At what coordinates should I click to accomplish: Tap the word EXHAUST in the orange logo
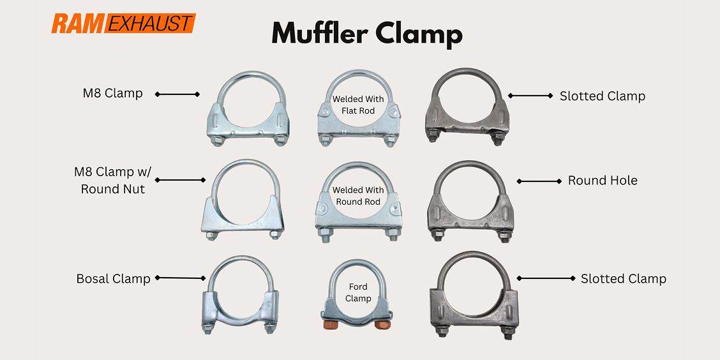click(x=149, y=24)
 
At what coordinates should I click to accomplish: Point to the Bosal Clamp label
click(x=113, y=279)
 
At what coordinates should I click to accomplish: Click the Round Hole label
click(x=603, y=181)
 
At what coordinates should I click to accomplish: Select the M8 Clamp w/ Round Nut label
click(x=109, y=180)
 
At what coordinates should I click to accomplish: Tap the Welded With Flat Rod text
click(x=357, y=105)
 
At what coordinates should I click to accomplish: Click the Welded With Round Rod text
click(x=357, y=196)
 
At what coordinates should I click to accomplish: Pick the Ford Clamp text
click(x=357, y=292)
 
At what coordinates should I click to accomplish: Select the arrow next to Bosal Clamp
click(x=179, y=278)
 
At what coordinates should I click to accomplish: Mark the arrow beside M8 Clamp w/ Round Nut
click(x=180, y=180)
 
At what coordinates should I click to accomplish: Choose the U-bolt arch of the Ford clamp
click(x=357, y=267)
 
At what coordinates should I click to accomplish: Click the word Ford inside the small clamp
click(x=357, y=287)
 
